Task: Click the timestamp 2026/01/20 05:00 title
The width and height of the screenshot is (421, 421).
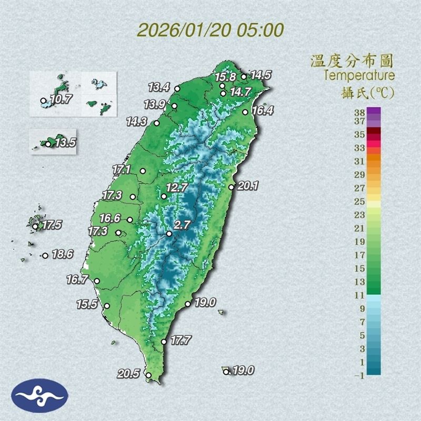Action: [x=210, y=29]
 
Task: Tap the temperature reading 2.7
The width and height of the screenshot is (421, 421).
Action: [x=182, y=225]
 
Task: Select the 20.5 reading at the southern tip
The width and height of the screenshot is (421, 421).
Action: [x=128, y=374]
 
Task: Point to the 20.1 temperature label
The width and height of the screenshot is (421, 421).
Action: [x=248, y=185]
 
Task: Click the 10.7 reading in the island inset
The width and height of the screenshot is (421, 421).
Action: [x=60, y=99]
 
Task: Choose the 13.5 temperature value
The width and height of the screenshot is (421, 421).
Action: [x=66, y=142]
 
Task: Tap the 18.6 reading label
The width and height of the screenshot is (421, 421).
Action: [x=62, y=255]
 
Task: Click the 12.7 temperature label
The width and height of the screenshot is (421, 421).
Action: [x=176, y=187]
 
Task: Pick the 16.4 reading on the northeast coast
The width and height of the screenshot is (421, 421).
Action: [x=262, y=111]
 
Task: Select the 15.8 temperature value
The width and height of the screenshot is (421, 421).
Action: [x=225, y=77]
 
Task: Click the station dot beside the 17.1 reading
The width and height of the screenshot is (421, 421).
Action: [x=143, y=171]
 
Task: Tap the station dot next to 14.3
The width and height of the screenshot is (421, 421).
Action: [x=156, y=123]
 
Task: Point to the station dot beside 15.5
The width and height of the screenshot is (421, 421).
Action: [x=107, y=306]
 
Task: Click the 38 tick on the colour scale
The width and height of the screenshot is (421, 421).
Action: [x=360, y=112]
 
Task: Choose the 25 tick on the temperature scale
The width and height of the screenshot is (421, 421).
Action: [x=360, y=202]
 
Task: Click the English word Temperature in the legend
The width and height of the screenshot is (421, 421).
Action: [x=359, y=75]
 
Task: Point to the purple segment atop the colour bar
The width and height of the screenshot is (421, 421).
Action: [x=374, y=112]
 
